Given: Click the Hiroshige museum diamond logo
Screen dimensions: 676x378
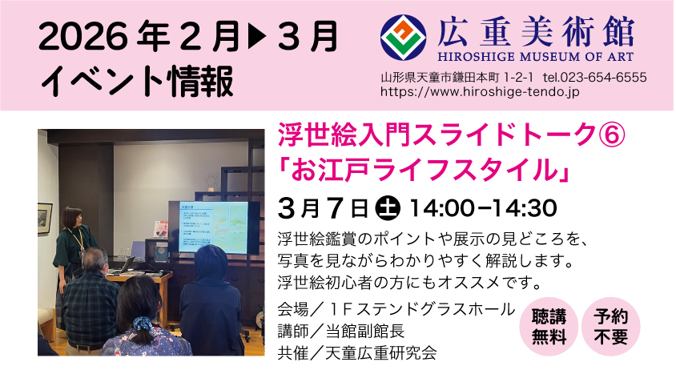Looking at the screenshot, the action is (x=403, y=38).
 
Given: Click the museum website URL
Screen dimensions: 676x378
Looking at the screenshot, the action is (x=480, y=92).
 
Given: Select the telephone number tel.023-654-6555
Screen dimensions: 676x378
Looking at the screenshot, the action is (x=595, y=78).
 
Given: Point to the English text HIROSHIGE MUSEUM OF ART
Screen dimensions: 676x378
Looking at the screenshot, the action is (x=536, y=57).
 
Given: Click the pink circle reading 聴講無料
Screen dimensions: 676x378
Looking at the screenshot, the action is (x=549, y=327).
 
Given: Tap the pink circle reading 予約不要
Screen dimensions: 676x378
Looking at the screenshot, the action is (x=610, y=327).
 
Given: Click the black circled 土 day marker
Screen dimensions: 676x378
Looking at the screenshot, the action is (x=388, y=208).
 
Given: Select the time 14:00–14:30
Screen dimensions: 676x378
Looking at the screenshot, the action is (x=483, y=208).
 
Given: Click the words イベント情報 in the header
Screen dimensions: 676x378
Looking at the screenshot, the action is (x=137, y=82).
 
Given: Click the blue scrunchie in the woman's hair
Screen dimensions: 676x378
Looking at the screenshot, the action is (x=142, y=323).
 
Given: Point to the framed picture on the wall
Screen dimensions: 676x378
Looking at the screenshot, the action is (x=45, y=218).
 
